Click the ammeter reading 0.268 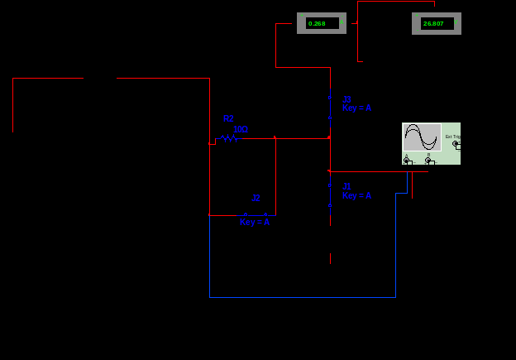tap(317, 23)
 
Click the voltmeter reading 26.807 tap(433, 23)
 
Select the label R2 tap(228, 119)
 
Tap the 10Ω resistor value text tap(241, 129)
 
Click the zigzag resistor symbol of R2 tap(230, 138)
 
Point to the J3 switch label tap(347, 99)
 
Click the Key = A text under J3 tap(357, 108)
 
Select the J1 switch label tap(347, 187)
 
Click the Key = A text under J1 tap(357, 196)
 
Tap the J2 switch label tap(256, 199)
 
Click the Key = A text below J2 tap(255, 222)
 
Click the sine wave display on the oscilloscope tap(422, 137)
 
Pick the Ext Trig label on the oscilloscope tap(452, 137)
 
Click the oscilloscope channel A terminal tap(406, 160)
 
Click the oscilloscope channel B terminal tap(428, 160)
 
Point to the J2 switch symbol tap(256, 214)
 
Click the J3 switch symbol tap(330, 108)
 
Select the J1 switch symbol tap(330, 195)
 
